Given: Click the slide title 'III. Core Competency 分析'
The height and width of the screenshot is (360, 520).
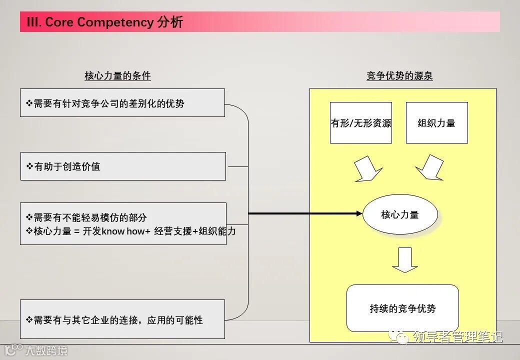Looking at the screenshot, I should pyautogui.click(x=105, y=22).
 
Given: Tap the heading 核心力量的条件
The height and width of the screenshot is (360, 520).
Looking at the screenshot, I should pyautogui.click(x=117, y=76).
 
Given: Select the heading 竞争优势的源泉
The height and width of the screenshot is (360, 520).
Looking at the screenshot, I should pyautogui.click(x=399, y=76).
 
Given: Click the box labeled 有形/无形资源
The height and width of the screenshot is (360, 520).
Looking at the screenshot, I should pyautogui.click(x=361, y=123).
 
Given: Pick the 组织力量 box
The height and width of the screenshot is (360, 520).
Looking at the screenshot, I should pyautogui.click(x=436, y=123).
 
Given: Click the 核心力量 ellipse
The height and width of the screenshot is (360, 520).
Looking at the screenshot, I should pyautogui.click(x=400, y=215).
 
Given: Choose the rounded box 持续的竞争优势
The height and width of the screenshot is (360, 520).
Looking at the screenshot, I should pyautogui.click(x=402, y=308).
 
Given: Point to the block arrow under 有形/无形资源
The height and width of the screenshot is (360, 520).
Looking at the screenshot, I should pyautogui.click(x=366, y=169).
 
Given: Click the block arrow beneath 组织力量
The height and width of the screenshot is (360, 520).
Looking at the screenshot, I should pyautogui.click(x=430, y=168).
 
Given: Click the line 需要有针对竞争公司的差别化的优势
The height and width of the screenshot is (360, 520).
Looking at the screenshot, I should pyautogui.click(x=109, y=104).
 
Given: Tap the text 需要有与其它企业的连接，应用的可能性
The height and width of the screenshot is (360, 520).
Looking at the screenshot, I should pyautogui.click(x=118, y=320).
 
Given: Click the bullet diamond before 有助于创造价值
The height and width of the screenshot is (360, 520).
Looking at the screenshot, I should pyautogui.click(x=29, y=166).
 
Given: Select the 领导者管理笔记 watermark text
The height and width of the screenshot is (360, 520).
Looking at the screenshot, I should pyautogui.click(x=457, y=337).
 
